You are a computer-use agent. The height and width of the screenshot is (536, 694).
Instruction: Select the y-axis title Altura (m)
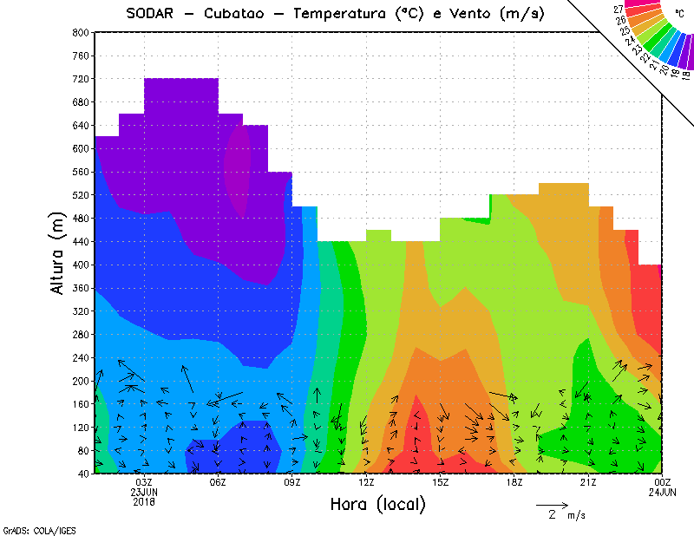tap(57, 252)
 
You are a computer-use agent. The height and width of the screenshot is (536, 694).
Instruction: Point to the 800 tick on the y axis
tap(81, 32)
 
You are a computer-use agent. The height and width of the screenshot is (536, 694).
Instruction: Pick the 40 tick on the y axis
tap(83, 474)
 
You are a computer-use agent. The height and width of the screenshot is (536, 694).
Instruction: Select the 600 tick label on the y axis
tap(81, 148)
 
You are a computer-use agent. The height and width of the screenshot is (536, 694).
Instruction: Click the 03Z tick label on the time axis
tap(144, 483)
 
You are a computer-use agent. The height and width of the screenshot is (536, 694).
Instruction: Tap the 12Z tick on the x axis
tap(366, 483)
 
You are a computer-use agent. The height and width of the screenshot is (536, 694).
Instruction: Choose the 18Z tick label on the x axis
tap(514, 483)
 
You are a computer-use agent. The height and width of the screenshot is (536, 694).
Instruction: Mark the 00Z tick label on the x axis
tap(662, 483)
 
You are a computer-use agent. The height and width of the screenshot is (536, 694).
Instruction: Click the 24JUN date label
tap(662, 493)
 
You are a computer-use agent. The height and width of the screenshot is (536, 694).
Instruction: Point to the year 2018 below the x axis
tap(144, 501)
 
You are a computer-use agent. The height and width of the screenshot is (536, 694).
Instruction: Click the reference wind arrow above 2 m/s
tap(552, 504)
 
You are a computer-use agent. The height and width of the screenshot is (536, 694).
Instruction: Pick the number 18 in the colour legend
tap(685, 77)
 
